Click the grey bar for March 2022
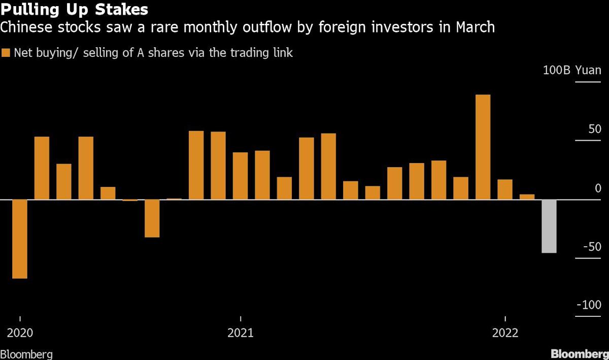[549, 226]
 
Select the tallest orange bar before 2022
[483, 147]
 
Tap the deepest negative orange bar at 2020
[20, 239]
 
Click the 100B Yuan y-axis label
[572, 70]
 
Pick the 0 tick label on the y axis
[598, 188]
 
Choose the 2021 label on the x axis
[241, 333]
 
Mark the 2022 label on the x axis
[505, 333]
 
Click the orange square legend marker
[6, 52]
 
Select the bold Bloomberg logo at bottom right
[579, 353]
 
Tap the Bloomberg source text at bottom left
[26, 354]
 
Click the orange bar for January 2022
[505, 189]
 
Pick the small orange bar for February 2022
[527, 197]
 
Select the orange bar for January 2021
[241, 176]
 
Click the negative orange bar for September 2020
[152, 218]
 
